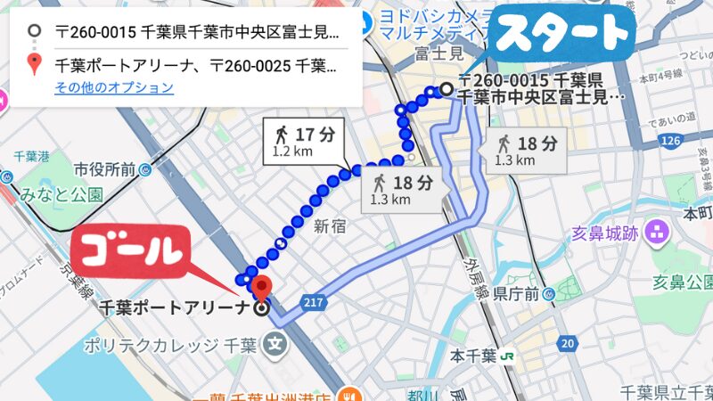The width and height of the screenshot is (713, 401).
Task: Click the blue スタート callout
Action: point(563,34)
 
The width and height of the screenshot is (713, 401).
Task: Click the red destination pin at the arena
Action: point(261,288)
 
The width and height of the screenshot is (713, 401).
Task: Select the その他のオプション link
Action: point(113,87)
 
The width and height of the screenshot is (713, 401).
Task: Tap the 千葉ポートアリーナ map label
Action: point(175,309)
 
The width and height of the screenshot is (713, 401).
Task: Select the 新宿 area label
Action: point(328,227)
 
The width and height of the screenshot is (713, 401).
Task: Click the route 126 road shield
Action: point(670,141)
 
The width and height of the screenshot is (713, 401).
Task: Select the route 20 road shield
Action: point(568,343)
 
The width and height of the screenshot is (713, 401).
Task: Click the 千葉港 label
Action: point(30,157)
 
